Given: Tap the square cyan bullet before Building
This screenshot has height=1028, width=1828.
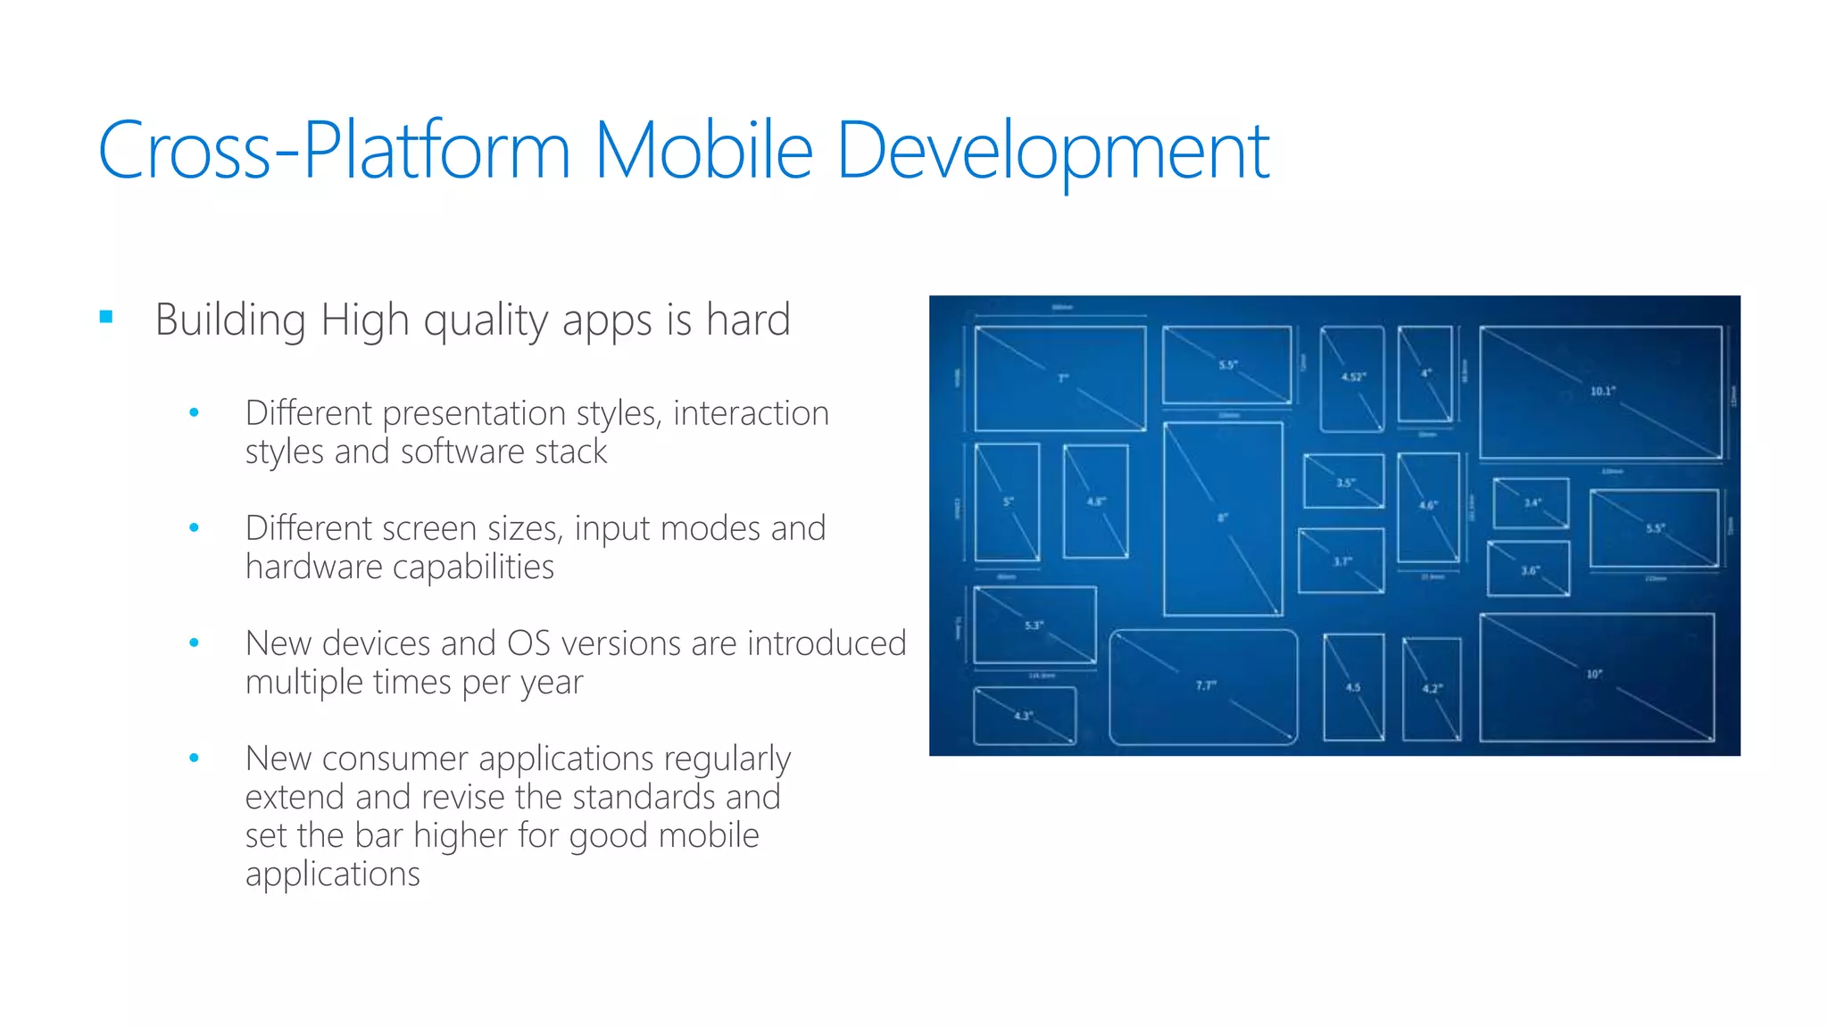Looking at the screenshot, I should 106,317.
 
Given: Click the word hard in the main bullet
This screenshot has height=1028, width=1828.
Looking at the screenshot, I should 748,319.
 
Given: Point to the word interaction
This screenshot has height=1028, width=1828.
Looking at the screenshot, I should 751,413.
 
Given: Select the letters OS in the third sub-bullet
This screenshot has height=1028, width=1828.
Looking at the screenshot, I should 528,643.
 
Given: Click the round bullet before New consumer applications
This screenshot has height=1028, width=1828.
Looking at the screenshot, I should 194,759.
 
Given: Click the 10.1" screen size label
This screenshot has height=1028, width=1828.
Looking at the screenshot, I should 1603,391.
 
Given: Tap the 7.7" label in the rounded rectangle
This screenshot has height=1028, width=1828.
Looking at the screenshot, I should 1206,685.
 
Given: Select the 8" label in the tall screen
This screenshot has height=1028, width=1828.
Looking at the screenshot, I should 1223,518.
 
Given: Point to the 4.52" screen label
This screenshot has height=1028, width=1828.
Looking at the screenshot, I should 1353,377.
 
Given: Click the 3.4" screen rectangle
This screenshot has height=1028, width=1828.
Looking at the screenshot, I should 1531,503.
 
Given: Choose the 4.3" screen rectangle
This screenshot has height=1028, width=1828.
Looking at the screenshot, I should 1025,716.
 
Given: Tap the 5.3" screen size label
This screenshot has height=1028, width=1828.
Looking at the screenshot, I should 1033,625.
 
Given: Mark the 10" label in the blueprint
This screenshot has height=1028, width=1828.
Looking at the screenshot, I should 1594,674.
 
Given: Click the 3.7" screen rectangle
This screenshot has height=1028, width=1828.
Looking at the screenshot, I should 1341,561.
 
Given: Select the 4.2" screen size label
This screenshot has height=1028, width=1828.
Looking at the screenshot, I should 1432,688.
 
